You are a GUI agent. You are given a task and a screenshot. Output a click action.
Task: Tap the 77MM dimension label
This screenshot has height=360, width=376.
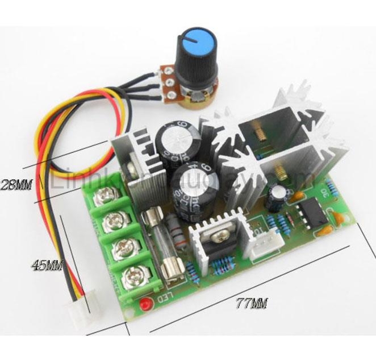click(x=250, y=303)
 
